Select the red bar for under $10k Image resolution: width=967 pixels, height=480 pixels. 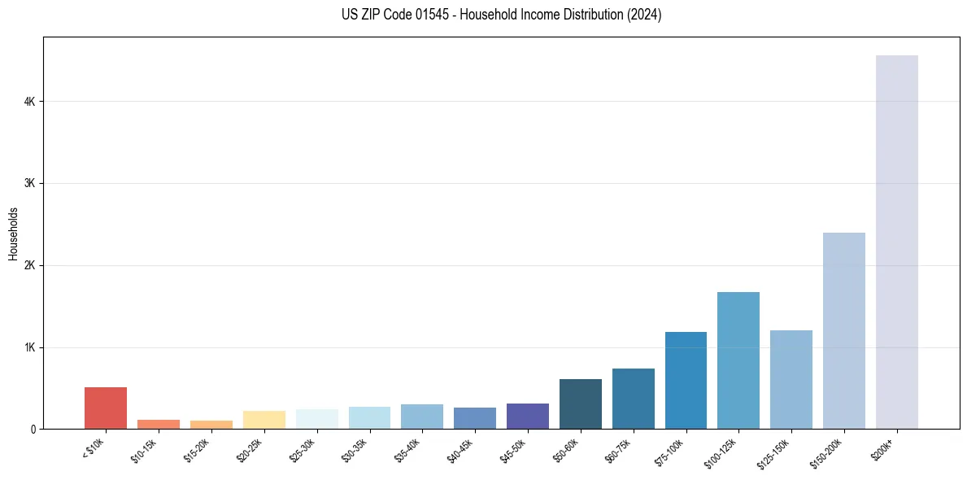coord(106,408)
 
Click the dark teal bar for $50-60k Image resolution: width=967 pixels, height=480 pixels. coord(580,404)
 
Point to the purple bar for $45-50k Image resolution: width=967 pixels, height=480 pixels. coord(527,416)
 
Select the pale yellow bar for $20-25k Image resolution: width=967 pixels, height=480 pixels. coord(264,420)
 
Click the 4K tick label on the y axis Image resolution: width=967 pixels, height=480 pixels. coord(30,102)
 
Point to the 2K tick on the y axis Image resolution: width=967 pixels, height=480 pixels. coord(30,265)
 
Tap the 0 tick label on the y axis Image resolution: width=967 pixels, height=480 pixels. coord(33,429)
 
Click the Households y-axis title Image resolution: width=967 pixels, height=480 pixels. coord(13,233)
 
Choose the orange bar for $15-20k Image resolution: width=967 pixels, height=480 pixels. coord(211,425)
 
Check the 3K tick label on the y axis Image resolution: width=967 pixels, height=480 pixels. coord(30,184)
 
